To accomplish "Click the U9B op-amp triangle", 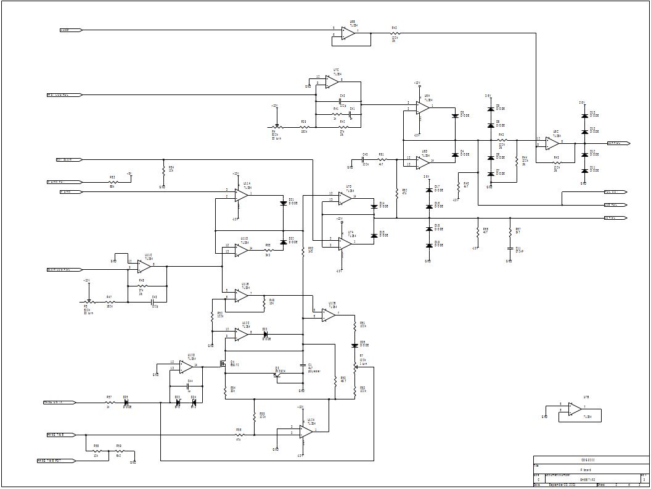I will pyautogui.click(x=348, y=32).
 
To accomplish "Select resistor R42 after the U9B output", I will pyautogui.click(x=395, y=33).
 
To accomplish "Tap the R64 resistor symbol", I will pyautogui.click(x=163, y=169).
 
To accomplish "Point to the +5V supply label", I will pyautogui.click(x=129, y=174).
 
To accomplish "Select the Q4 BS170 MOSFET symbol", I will pyautogui.click(x=224, y=364).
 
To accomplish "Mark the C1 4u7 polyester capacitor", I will pyautogui.click(x=303, y=366).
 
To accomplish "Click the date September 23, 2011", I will pyautogui.click(x=562, y=485).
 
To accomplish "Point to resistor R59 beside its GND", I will pyautogui.click(x=118, y=454).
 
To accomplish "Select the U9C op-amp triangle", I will pyautogui.click(x=552, y=143).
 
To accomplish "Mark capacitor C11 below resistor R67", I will pyautogui.click(x=509, y=248).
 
